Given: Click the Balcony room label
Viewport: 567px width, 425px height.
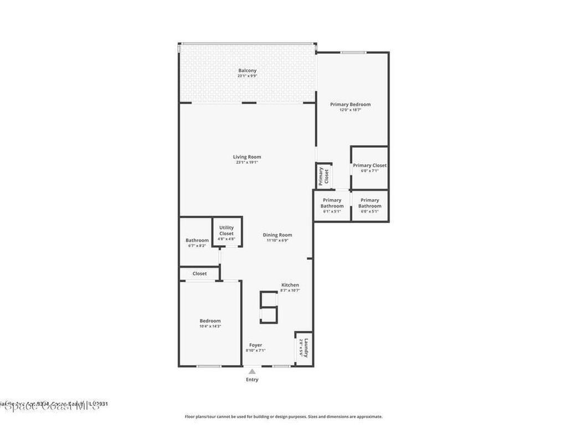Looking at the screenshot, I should coord(247,71).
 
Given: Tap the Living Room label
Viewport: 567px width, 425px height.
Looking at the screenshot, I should coord(247,157).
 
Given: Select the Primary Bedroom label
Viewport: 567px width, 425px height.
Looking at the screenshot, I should coord(350,104).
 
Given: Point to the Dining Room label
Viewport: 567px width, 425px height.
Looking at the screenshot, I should coord(277,235).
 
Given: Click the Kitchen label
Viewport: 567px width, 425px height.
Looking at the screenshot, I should coord(290,285).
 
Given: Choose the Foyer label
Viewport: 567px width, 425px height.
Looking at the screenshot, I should coord(256,345).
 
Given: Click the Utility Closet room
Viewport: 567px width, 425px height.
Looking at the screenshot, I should coord(226,231).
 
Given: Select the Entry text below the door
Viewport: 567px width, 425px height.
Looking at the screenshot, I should coord(252,380).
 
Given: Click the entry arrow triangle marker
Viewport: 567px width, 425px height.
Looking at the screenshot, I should coord(252,371).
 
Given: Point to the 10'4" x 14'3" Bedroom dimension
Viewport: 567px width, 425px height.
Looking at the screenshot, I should coord(210,326).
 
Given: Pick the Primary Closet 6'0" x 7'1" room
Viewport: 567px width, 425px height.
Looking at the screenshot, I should coord(369,168).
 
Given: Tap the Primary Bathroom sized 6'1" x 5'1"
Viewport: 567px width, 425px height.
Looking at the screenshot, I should coord(332,205).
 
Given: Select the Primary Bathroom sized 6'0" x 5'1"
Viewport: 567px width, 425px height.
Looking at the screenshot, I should coord(369,205).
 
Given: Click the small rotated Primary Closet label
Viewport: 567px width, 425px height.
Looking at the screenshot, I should coord(324,176).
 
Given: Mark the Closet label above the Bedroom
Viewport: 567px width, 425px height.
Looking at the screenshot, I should coord(200,273).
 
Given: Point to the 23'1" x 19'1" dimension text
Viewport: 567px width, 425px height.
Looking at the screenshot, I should coord(247,163).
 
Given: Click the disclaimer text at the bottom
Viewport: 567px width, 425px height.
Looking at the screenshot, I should coord(283,417).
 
